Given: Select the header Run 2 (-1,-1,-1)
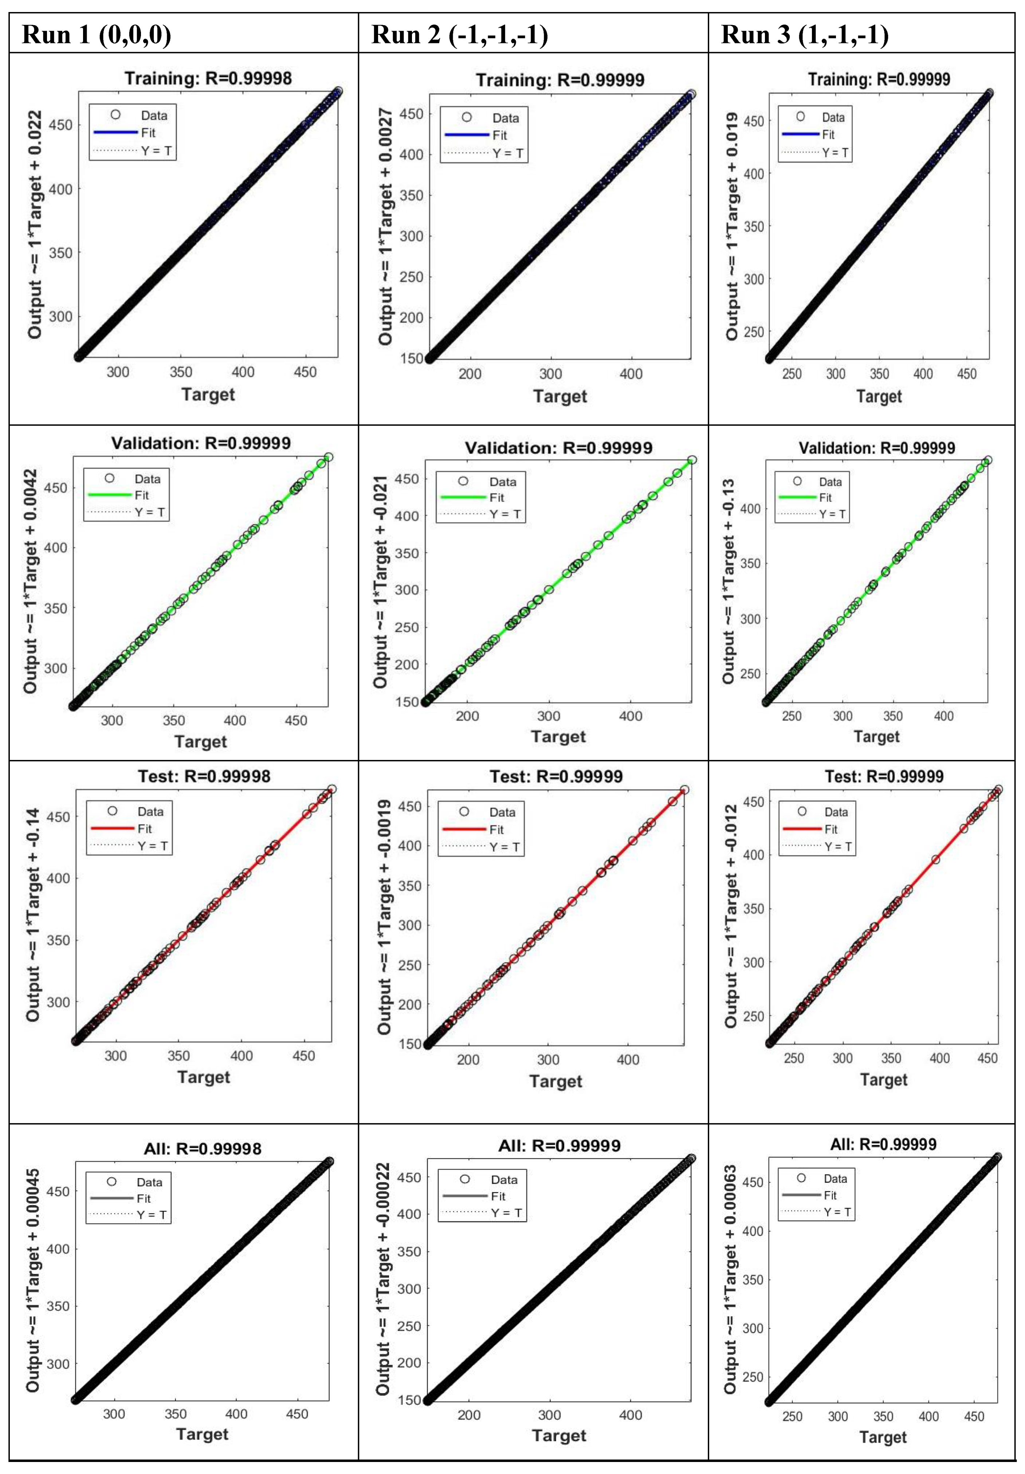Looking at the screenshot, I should pyautogui.click(x=460, y=34).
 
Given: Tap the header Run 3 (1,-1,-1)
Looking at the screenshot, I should pyautogui.click(x=805, y=34).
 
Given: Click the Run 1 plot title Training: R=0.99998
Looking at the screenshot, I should pyautogui.click(x=208, y=78).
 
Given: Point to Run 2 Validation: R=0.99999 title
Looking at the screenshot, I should pyautogui.click(x=558, y=448).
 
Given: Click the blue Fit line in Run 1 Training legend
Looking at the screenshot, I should pyautogui.click(x=115, y=132).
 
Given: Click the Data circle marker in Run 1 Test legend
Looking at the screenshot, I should pyautogui.click(x=112, y=811).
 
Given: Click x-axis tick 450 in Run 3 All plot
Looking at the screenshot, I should pyautogui.click(x=974, y=1416).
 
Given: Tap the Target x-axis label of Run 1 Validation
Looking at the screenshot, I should pyautogui.click(x=200, y=741).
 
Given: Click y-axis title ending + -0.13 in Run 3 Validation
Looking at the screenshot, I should pyautogui.click(x=729, y=581).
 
